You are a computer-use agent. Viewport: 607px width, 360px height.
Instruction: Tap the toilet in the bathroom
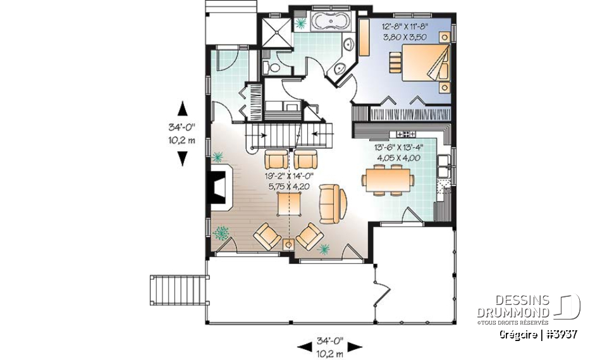(269, 67)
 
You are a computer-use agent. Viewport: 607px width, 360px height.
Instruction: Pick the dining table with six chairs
(388, 179)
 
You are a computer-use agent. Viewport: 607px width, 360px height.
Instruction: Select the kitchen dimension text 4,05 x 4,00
(400, 158)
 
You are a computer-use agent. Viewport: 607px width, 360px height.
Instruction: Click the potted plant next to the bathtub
(301, 23)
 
